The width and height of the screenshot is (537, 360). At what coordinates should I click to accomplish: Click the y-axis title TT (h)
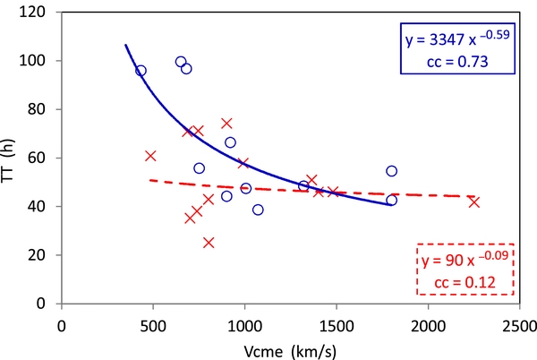click(17, 158)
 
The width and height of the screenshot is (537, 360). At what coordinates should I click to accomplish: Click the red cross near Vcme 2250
click(473, 202)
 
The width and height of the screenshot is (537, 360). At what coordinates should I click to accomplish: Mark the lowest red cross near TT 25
click(209, 243)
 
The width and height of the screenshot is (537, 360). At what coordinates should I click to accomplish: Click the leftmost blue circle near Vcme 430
click(141, 71)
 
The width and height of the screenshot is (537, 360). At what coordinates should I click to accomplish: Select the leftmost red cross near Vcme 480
click(150, 156)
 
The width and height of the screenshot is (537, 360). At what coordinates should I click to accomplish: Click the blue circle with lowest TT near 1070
click(258, 210)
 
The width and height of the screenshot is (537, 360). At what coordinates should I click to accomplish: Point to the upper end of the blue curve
click(126, 45)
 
